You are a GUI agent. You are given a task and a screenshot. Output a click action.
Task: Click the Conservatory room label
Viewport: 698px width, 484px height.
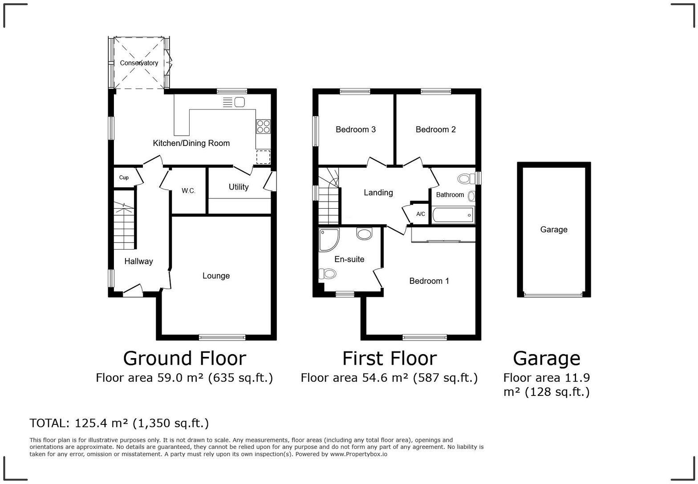pyautogui.click(x=139, y=63)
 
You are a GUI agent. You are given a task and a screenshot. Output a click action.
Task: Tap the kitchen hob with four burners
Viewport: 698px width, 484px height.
pyautogui.click(x=263, y=127)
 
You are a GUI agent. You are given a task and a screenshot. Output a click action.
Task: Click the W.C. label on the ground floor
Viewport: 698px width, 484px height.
pyautogui.click(x=188, y=191)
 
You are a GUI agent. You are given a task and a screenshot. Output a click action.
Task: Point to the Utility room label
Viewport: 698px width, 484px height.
pyautogui.click(x=239, y=187)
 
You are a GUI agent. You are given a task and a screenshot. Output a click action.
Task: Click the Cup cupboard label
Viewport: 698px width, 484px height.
pyautogui.click(x=124, y=177)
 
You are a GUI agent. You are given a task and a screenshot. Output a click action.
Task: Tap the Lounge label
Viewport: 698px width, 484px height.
pyautogui.click(x=216, y=276)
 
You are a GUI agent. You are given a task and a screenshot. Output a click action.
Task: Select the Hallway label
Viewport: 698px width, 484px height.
pyautogui.click(x=138, y=262)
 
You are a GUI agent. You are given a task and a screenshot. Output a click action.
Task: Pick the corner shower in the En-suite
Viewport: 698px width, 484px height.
pyautogui.click(x=329, y=239)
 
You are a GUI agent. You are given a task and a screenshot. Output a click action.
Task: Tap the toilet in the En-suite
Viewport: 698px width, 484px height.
pyautogui.click(x=328, y=273)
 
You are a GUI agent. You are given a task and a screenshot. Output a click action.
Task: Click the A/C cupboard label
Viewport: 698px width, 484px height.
pyautogui.click(x=421, y=214)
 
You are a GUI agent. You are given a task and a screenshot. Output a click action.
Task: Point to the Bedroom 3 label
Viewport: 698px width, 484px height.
pyautogui.click(x=355, y=129)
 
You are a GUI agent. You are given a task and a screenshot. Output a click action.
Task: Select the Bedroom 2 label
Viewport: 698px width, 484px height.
pyautogui.click(x=435, y=129)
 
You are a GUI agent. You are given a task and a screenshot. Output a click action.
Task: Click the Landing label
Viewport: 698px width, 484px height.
pyautogui.click(x=378, y=193)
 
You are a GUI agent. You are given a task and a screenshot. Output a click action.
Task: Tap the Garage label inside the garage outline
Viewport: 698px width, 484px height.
pyautogui.click(x=554, y=230)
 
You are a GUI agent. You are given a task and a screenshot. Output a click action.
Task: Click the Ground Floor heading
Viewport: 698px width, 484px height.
pyautogui.click(x=184, y=359)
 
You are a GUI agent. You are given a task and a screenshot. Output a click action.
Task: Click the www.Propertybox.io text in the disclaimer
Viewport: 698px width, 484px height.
pyautogui.click(x=358, y=454)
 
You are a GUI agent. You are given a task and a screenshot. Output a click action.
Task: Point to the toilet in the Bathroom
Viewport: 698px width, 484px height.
pyautogui.click(x=464, y=179)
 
